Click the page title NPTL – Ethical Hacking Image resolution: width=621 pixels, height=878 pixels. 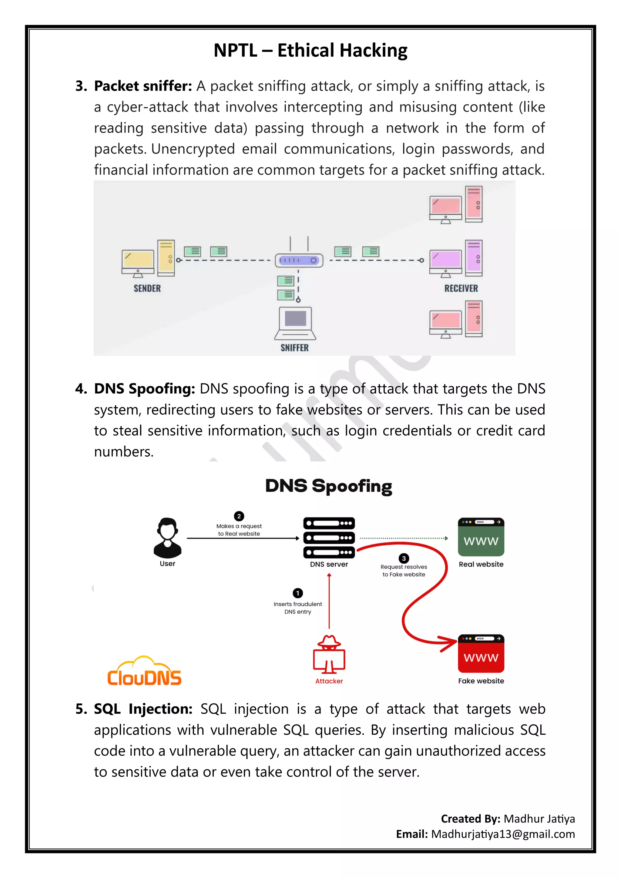[x=310, y=50]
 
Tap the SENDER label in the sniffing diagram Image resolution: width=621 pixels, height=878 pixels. [x=147, y=288]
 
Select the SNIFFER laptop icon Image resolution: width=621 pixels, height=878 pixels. [x=295, y=323]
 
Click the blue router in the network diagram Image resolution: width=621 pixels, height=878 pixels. [x=299, y=260]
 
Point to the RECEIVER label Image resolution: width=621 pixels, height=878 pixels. [x=461, y=288]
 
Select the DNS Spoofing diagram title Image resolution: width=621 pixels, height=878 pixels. [x=328, y=486]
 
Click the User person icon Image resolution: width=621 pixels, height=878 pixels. [x=167, y=538]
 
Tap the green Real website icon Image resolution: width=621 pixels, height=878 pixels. [x=481, y=537]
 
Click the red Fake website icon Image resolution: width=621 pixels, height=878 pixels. [x=481, y=654]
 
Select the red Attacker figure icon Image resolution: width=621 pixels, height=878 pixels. [x=329, y=655]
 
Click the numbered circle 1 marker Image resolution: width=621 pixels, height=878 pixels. [x=297, y=593]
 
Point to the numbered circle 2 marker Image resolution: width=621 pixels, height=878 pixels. [x=239, y=516]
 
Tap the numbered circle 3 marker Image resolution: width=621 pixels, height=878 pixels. [x=404, y=558]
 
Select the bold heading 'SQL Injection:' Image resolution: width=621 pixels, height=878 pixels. [x=143, y=709]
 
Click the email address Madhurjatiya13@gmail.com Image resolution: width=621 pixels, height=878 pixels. [x=503, y=834]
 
